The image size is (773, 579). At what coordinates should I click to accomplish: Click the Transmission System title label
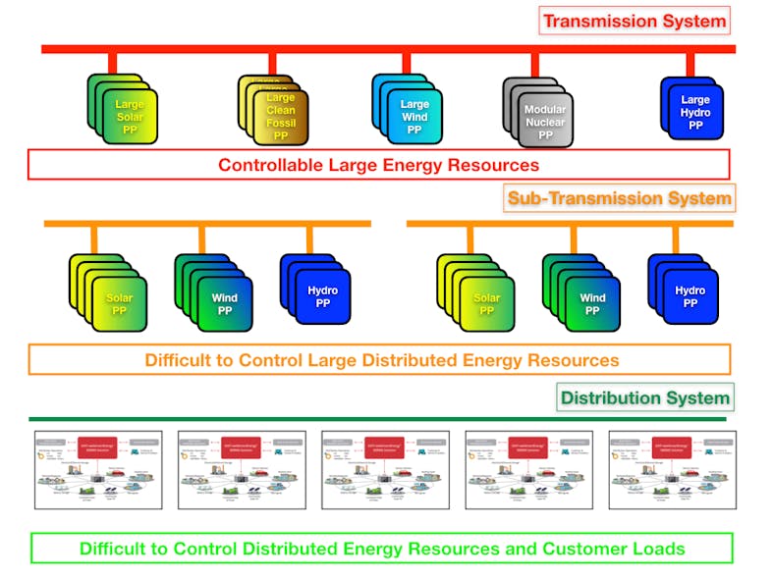click(x=635, y=21)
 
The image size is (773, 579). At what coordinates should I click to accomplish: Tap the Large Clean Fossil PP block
click(x=280, y=117)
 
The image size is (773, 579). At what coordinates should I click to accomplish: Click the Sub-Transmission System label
click(x=619, y=198)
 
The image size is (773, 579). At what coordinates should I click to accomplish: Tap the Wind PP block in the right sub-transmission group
click(x=591, y=298)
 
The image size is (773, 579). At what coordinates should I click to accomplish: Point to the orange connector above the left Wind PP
click(x=201, y=239)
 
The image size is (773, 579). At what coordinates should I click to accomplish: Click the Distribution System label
click(x=645, y=397)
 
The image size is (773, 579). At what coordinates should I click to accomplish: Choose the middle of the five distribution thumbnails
click(x=385, y=469)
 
